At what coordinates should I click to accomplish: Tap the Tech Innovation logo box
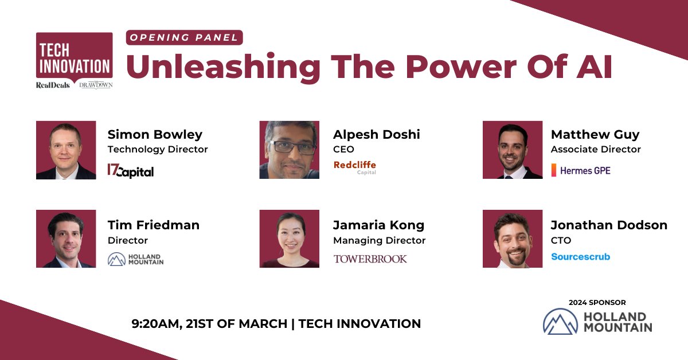74,55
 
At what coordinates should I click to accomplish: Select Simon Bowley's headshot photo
66,150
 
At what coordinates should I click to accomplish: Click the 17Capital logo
131,171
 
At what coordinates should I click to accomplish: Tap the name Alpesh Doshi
377,135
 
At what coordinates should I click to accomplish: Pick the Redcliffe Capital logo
355,167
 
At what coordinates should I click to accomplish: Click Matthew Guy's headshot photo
512,150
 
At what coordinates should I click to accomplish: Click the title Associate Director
596,150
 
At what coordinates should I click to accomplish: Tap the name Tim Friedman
154,225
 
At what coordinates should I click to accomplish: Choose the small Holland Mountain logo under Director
135,259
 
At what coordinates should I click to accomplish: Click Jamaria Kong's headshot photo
289,239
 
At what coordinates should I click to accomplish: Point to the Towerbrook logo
370,259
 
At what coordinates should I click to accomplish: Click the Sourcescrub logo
580,257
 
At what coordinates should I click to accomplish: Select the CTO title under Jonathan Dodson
561,241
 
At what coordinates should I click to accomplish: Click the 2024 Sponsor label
597,302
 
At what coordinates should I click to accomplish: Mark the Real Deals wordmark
53,85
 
